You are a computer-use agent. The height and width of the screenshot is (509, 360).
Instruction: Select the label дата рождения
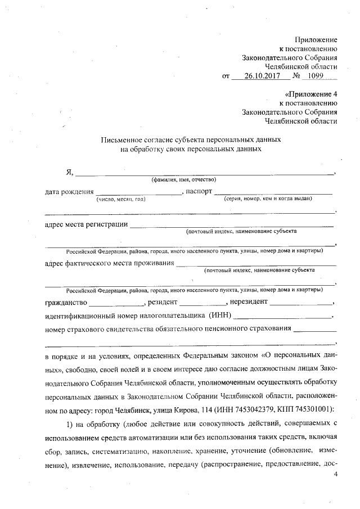(x=69, y=191)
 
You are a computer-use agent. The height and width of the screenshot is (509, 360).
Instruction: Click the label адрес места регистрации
(x=85, y=225)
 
